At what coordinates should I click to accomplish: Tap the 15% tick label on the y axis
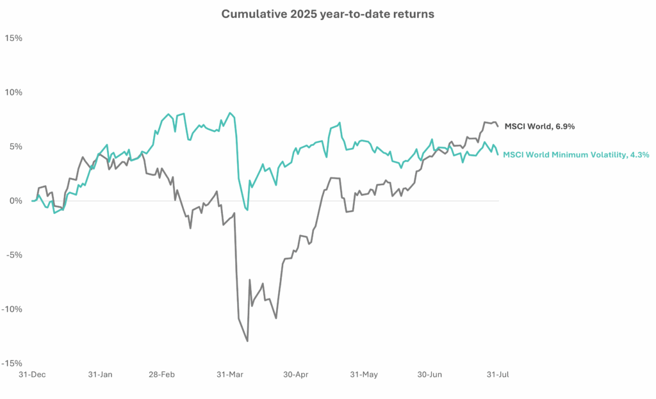14,38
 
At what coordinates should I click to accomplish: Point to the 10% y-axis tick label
14,92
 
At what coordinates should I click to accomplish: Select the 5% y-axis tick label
16,146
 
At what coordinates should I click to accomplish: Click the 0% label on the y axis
16,200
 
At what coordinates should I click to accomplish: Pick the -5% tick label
14,255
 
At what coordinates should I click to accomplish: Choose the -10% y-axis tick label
13,309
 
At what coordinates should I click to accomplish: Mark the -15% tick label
13,363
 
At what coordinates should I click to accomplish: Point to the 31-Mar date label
229,374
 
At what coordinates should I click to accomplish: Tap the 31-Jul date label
498,374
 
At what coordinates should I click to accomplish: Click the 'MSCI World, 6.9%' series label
539,126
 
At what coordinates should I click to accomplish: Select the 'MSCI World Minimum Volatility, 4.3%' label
576,154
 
